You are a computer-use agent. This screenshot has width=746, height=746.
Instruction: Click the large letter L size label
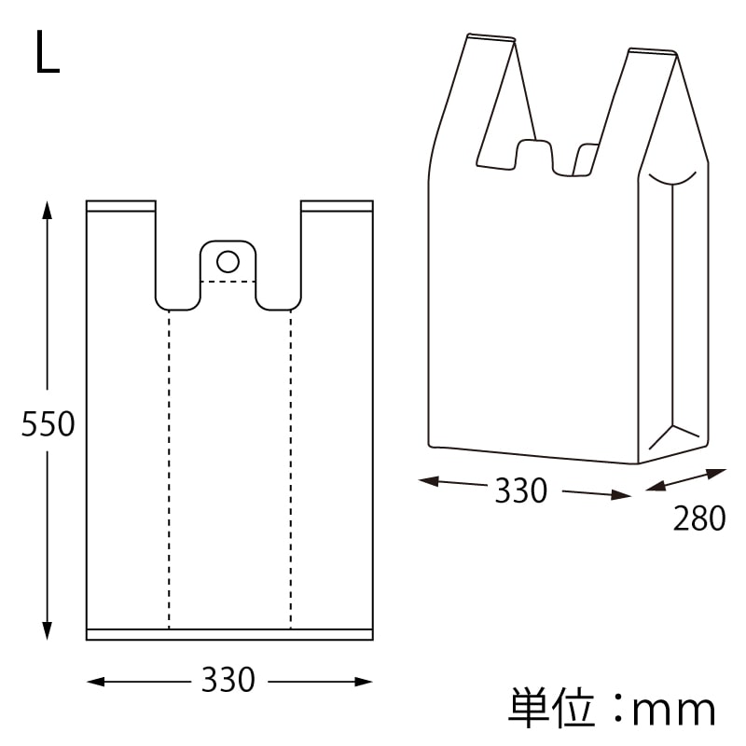(48, 53)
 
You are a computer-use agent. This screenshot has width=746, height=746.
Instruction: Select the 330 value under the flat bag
(228, 681)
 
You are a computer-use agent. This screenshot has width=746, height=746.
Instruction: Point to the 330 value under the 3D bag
(520, 490)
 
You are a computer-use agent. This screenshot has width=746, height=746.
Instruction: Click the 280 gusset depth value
(698, 519)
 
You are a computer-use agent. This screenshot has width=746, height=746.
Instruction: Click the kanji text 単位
(551, 709)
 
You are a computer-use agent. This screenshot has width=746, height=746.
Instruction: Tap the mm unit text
(673, 711)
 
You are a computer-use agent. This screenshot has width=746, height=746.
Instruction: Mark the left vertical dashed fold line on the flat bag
(169, 466)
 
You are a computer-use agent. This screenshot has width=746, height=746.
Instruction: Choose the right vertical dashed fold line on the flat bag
(290, 466)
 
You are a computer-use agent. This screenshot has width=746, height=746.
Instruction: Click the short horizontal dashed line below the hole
(228, 281)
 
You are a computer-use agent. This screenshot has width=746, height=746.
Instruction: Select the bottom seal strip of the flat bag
(229, 634)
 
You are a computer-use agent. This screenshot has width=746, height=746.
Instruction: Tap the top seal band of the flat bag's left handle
(121, 205)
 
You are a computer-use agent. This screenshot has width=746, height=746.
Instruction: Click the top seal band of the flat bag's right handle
(337, 205)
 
